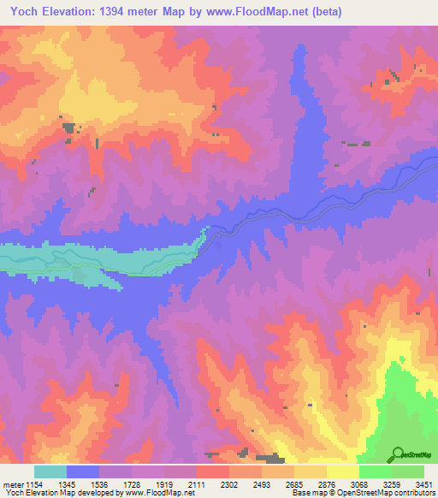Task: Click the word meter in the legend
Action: coord(12,483)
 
